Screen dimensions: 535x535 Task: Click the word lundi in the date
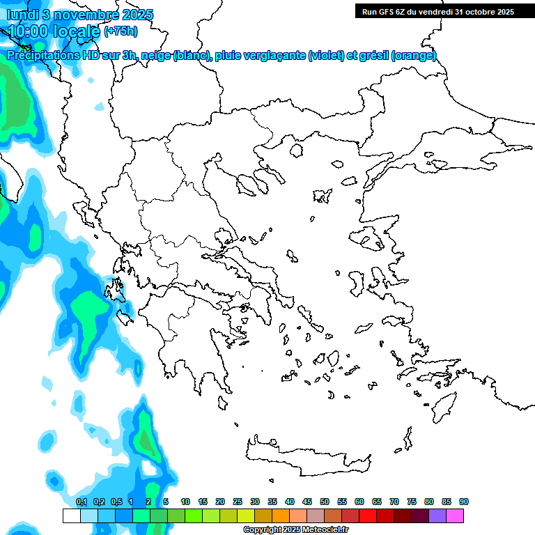click(x=22, y=15)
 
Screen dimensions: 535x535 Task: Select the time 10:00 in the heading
click(x=28, y=31)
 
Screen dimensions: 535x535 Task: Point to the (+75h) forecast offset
click(x=121, y=31)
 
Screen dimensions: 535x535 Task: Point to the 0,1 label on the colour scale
click(x=82, y=502)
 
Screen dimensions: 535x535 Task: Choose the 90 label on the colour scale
click(x=464, y=502)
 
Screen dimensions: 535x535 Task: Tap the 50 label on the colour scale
click(x=325, y=502)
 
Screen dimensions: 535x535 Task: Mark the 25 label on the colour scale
click(x=238, y=502)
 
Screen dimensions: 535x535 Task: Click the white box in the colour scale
click(x=71, y=515)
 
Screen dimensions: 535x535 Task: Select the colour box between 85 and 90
click(x=455, y=515)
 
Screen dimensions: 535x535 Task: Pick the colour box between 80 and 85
click(x=437, y=515)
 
